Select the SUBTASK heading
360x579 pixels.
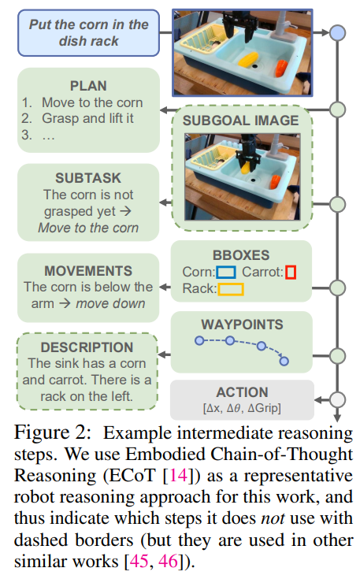click(x=87, y=178)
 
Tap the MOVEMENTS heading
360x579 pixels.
click(x=87, y=270)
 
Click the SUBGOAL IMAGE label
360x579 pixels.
click(x=240, y=121)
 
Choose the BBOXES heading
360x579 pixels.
click(x=242, y=254)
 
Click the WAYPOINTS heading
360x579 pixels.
click(x=242, y=324)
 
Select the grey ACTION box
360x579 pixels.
click(x=242, y=399)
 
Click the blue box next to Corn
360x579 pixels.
click(x=227, y=273)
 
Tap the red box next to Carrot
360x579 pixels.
click(x=291, y=273)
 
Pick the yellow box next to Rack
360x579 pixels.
click(x=231, y=289)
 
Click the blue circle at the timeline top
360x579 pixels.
click(x=337, y=32)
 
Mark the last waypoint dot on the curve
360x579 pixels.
click(x=284, y=362)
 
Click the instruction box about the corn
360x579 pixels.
click(x=88, y=33)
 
